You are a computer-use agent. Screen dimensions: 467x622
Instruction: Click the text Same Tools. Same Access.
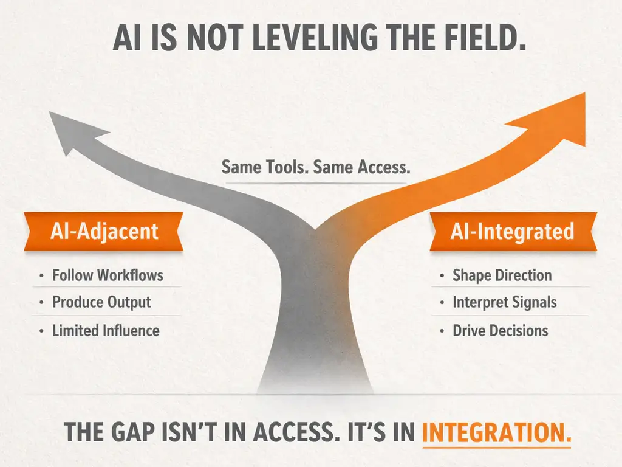coord(316,167)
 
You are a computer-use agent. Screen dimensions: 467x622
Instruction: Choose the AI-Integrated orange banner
coord(512,231)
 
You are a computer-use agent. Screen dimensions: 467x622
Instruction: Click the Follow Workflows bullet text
coord(108,275)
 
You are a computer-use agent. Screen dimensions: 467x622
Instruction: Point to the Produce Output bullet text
coord(101,302)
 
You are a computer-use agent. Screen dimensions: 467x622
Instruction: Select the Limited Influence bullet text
coord(106,331)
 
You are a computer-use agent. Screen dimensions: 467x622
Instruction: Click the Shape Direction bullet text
coord(502,275)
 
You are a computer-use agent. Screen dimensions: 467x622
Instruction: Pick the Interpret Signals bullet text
coord(504,302)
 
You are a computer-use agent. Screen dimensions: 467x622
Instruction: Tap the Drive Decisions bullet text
coord(500,331)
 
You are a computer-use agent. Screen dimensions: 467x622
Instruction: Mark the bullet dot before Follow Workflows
coord(41,275)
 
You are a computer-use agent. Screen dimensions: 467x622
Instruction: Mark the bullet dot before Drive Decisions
coord(441,331)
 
